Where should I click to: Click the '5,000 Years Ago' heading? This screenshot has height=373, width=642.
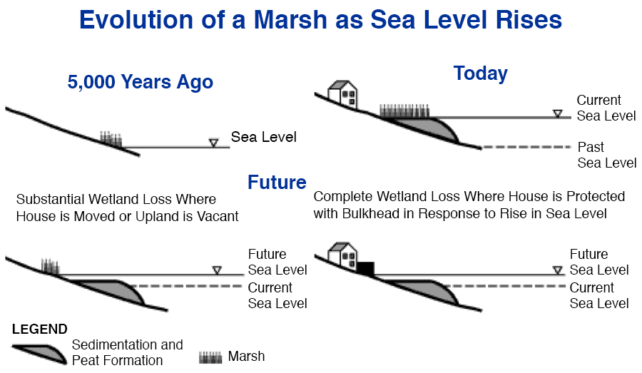pos(141,82)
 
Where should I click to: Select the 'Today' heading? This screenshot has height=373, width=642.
pos(480,73)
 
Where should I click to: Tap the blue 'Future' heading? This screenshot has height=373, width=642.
pos(277,182)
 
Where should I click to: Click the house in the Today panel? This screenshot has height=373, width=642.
pos(342,93)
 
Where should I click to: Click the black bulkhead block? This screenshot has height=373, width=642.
pos(365,268)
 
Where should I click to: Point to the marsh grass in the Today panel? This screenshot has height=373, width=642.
pos(404,111)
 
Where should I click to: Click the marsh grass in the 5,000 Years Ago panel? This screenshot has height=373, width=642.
pos(111,139)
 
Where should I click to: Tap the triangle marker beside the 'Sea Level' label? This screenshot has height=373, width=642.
pos(213,143)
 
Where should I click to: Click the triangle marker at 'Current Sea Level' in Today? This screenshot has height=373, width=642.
pos(557,113)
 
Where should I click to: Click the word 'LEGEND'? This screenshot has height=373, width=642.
pos(40,329)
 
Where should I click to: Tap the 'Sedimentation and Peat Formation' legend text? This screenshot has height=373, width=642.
pos(127,352)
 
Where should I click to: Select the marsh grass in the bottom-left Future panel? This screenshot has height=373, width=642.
pos(50,267)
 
